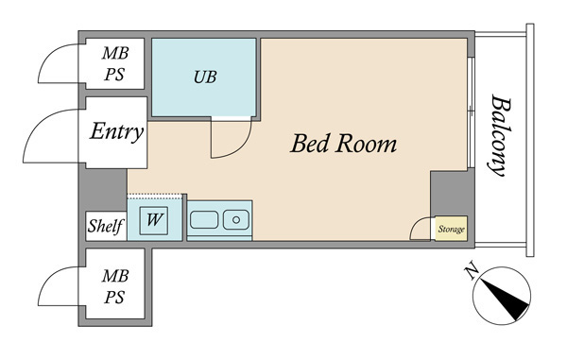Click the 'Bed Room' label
(x=344, y=144)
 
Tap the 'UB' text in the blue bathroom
(x=205, y=77)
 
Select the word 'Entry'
(x=116, y=131)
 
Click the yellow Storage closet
(x=451, y=229)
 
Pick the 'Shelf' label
(x=106, y=226)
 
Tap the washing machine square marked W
(x=154, y=221)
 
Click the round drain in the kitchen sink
(x=236, y=220)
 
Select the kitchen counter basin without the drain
(x=204, y=220)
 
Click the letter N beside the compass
(x=472, y=271)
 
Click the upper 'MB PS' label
(x=114, y=63)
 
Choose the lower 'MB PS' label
(x=114, y=286)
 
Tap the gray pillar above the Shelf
(x=103, y=190)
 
